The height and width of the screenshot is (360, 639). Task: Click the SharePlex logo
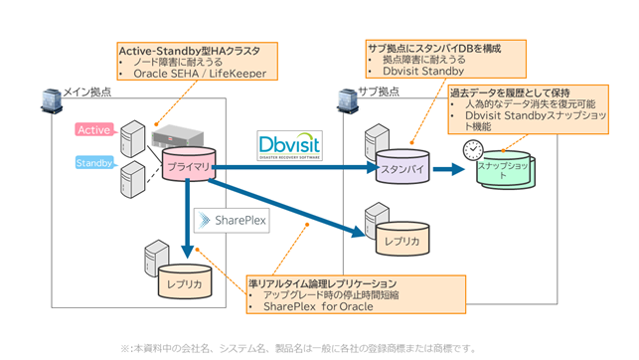(x=232, y=220)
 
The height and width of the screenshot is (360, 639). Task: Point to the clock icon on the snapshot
(x=472, y=150)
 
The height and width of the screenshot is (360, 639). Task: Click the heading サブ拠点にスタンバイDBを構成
(x=432, y=46)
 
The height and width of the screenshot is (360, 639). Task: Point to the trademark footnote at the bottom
(x=298, y=348)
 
